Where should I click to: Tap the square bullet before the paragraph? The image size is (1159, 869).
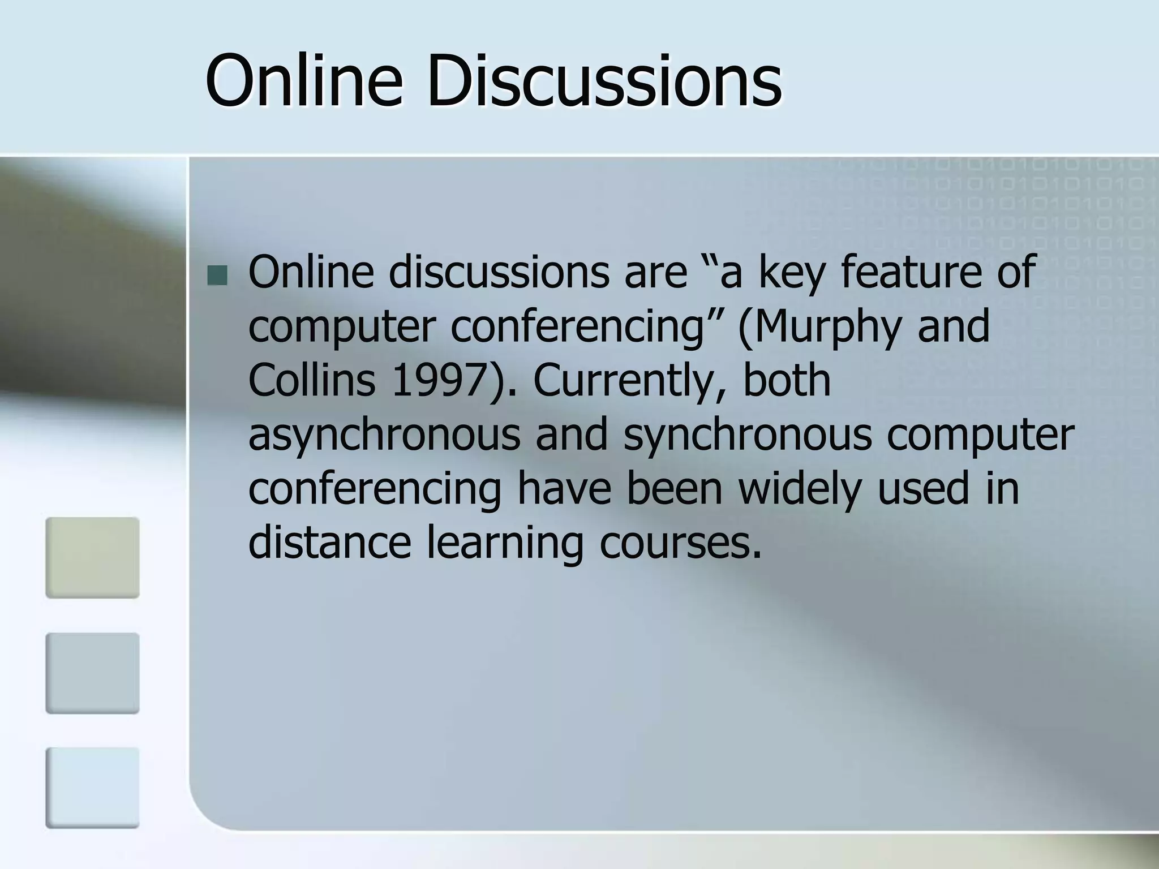pyautogui.click(x=217, y=276)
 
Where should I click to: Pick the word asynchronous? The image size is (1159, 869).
pyautogui.click(x=384, y=434)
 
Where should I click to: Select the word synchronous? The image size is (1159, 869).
pyautogui.click(x=747, y=434)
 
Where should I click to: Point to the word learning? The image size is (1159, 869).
pyautogui.click(x=504, y=543)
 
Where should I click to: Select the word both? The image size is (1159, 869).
pyautogui.click(x=786, y=380)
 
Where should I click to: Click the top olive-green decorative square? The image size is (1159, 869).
pyautogui.click(x=92, y=557)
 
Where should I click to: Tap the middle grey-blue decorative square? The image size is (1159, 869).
pyautogui.click(x=92, y=673)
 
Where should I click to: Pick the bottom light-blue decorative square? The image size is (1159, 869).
pyautogui.click(x=92, y=788)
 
